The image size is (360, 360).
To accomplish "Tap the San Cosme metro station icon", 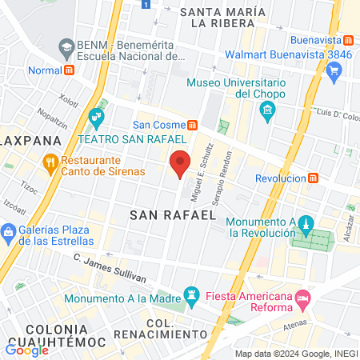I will [x=192, y=124].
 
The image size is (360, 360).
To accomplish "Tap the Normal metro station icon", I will [x=70, y=68].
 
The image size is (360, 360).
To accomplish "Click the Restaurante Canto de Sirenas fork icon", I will [x=50, y=163].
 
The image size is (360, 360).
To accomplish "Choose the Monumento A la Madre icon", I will [x=192, y=295].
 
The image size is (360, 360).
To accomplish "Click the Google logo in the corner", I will [x=27, y=349].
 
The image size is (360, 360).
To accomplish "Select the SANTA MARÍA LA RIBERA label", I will [x=222, y=18].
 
